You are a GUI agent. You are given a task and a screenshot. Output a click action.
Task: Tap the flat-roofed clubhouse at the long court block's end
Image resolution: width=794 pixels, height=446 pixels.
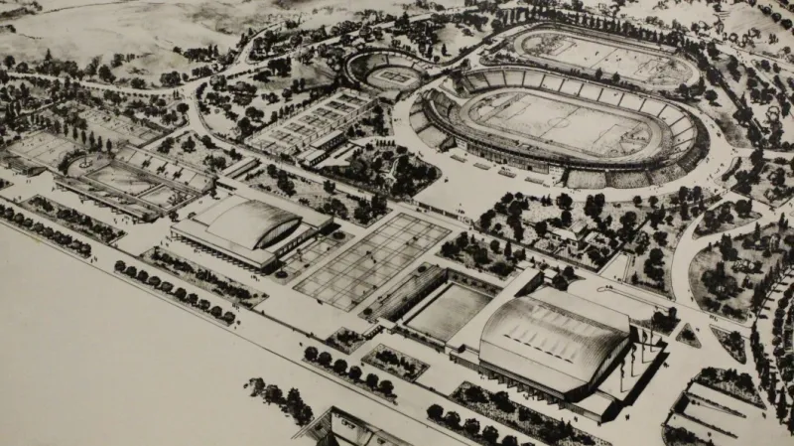[316, 157]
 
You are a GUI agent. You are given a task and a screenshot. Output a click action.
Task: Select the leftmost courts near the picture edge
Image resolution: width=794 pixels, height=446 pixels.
[40, 149]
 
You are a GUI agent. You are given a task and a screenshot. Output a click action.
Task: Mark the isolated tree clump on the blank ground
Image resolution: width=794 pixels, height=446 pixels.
[281, 398]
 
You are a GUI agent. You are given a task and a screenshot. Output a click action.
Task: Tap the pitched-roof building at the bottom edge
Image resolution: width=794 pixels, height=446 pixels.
[347, 429]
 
